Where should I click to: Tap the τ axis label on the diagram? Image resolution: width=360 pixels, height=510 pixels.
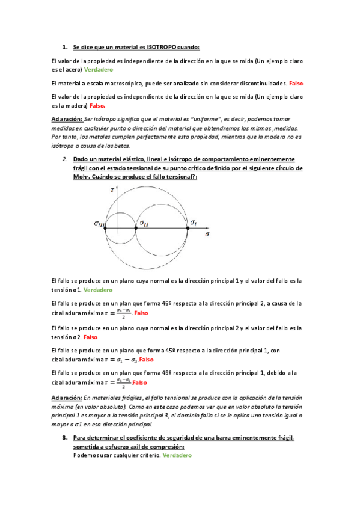click(112, 189)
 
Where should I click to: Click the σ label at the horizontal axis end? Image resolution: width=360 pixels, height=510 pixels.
click(207, 232)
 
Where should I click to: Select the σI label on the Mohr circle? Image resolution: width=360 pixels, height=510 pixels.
click(193, 223)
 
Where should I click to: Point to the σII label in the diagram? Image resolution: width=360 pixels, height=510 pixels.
click(144, 223)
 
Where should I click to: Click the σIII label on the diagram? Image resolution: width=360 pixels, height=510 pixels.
click(99, 224)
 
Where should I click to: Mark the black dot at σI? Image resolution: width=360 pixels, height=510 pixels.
click(188, 229)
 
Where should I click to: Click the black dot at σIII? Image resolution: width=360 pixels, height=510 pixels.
click(106, 229)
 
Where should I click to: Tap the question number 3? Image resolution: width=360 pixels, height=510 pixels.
click(64, 438)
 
